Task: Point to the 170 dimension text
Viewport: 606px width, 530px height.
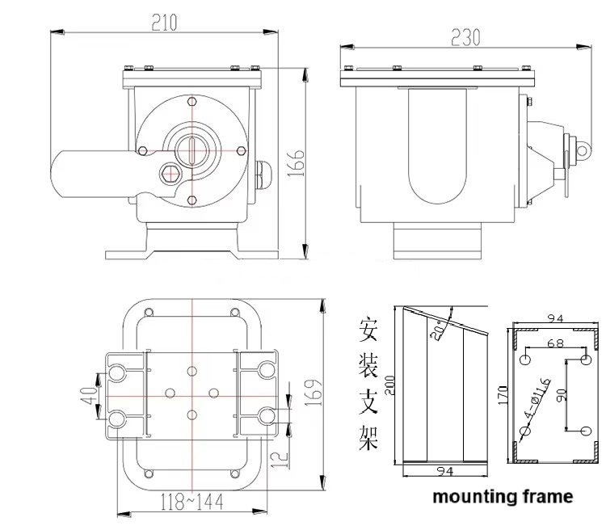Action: tap(500, 395)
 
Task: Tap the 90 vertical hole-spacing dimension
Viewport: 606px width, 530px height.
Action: tap(562, 395)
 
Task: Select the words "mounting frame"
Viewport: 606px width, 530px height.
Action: tap(503, 496)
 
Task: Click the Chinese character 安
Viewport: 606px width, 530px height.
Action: tap(368, 330)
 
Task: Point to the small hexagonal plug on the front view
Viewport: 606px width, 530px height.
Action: tap(170, 172)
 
